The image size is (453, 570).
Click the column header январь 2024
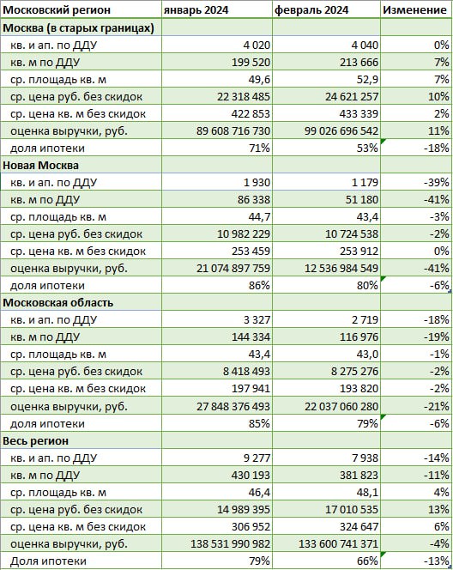click(x=196, y=10)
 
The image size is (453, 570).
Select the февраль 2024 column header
click(x=311, y=10)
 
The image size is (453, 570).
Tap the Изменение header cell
click(x=415, y=10)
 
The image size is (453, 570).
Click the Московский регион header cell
click(x=57, y=10)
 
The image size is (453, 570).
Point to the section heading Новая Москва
click(x=40, y=166)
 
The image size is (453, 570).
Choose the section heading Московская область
click(x=58, y=303)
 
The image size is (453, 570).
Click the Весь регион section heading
click(x=35, y=440)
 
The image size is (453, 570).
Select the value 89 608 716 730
click(x=233, y=130)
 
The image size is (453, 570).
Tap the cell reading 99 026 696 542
click(x=341, y=130)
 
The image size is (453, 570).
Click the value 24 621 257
click(x=352, y=97)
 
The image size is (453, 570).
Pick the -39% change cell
click(x=437, y=183)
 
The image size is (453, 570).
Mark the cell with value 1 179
click(x=365, y=183)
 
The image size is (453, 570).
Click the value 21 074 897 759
click(x=233, y=269)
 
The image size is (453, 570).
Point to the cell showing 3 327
click(x=257, y=320)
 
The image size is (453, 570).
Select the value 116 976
click(x=359, y=337)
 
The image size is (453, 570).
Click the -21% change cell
click(x=437, y=406)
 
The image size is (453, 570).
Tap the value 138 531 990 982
click(x=230, y=544)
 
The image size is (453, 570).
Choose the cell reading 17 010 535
click(x=352, y=509)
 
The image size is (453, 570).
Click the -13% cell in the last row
click(x=437, y=561)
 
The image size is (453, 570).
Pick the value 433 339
click(x=359, y=114)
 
